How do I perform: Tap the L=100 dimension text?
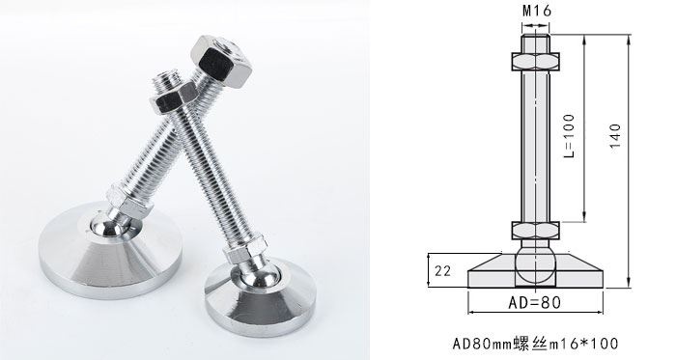coord(569,135)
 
